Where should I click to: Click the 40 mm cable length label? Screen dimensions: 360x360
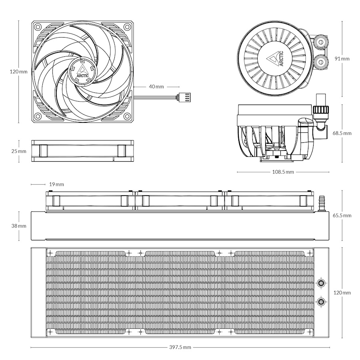[x=156, y=86]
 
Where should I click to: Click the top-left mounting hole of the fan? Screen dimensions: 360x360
[x=38, y=27]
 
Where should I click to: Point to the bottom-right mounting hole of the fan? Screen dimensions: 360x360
[x=127, y=116]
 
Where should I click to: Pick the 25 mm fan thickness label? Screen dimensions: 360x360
[x=19, y=151]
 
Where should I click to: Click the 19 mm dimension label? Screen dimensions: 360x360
[x=56, y=184]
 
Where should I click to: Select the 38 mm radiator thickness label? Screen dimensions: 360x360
[x=19, y=226]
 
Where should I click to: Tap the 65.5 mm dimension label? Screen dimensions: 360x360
[x=342, y=216]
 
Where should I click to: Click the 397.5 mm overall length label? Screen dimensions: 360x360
[x=180, y=347]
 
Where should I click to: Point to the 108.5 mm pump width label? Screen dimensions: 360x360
[x=283, y=172]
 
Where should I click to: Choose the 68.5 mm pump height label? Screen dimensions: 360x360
[x=342, y=133]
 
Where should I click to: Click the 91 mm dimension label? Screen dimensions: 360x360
[x=342, y=58]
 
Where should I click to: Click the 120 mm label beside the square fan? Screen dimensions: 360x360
[x=19, y=72]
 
